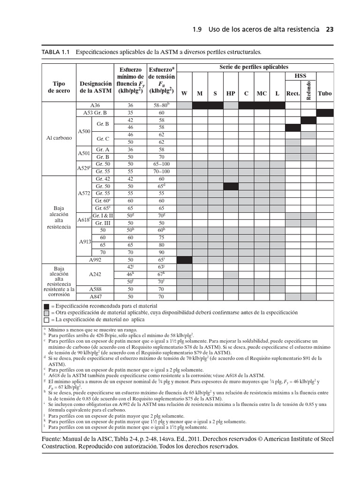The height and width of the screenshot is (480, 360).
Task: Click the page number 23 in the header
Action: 330,29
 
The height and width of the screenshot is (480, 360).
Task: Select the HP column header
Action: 231,93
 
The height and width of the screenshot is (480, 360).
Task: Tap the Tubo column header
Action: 324,93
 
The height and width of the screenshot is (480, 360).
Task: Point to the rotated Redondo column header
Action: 308,90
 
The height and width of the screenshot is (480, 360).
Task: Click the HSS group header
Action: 300,76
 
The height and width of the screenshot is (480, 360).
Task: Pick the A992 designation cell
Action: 95,260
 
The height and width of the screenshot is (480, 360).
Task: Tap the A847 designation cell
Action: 95,297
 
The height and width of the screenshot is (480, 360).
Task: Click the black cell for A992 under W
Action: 184,260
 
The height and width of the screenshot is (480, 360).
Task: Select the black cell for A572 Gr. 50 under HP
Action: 231,186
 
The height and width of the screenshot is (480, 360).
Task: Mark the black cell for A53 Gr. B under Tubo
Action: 324,113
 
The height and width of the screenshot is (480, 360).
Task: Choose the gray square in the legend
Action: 46,313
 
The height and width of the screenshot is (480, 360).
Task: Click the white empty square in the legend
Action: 46,319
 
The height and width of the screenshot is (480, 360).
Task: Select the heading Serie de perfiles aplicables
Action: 254,67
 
